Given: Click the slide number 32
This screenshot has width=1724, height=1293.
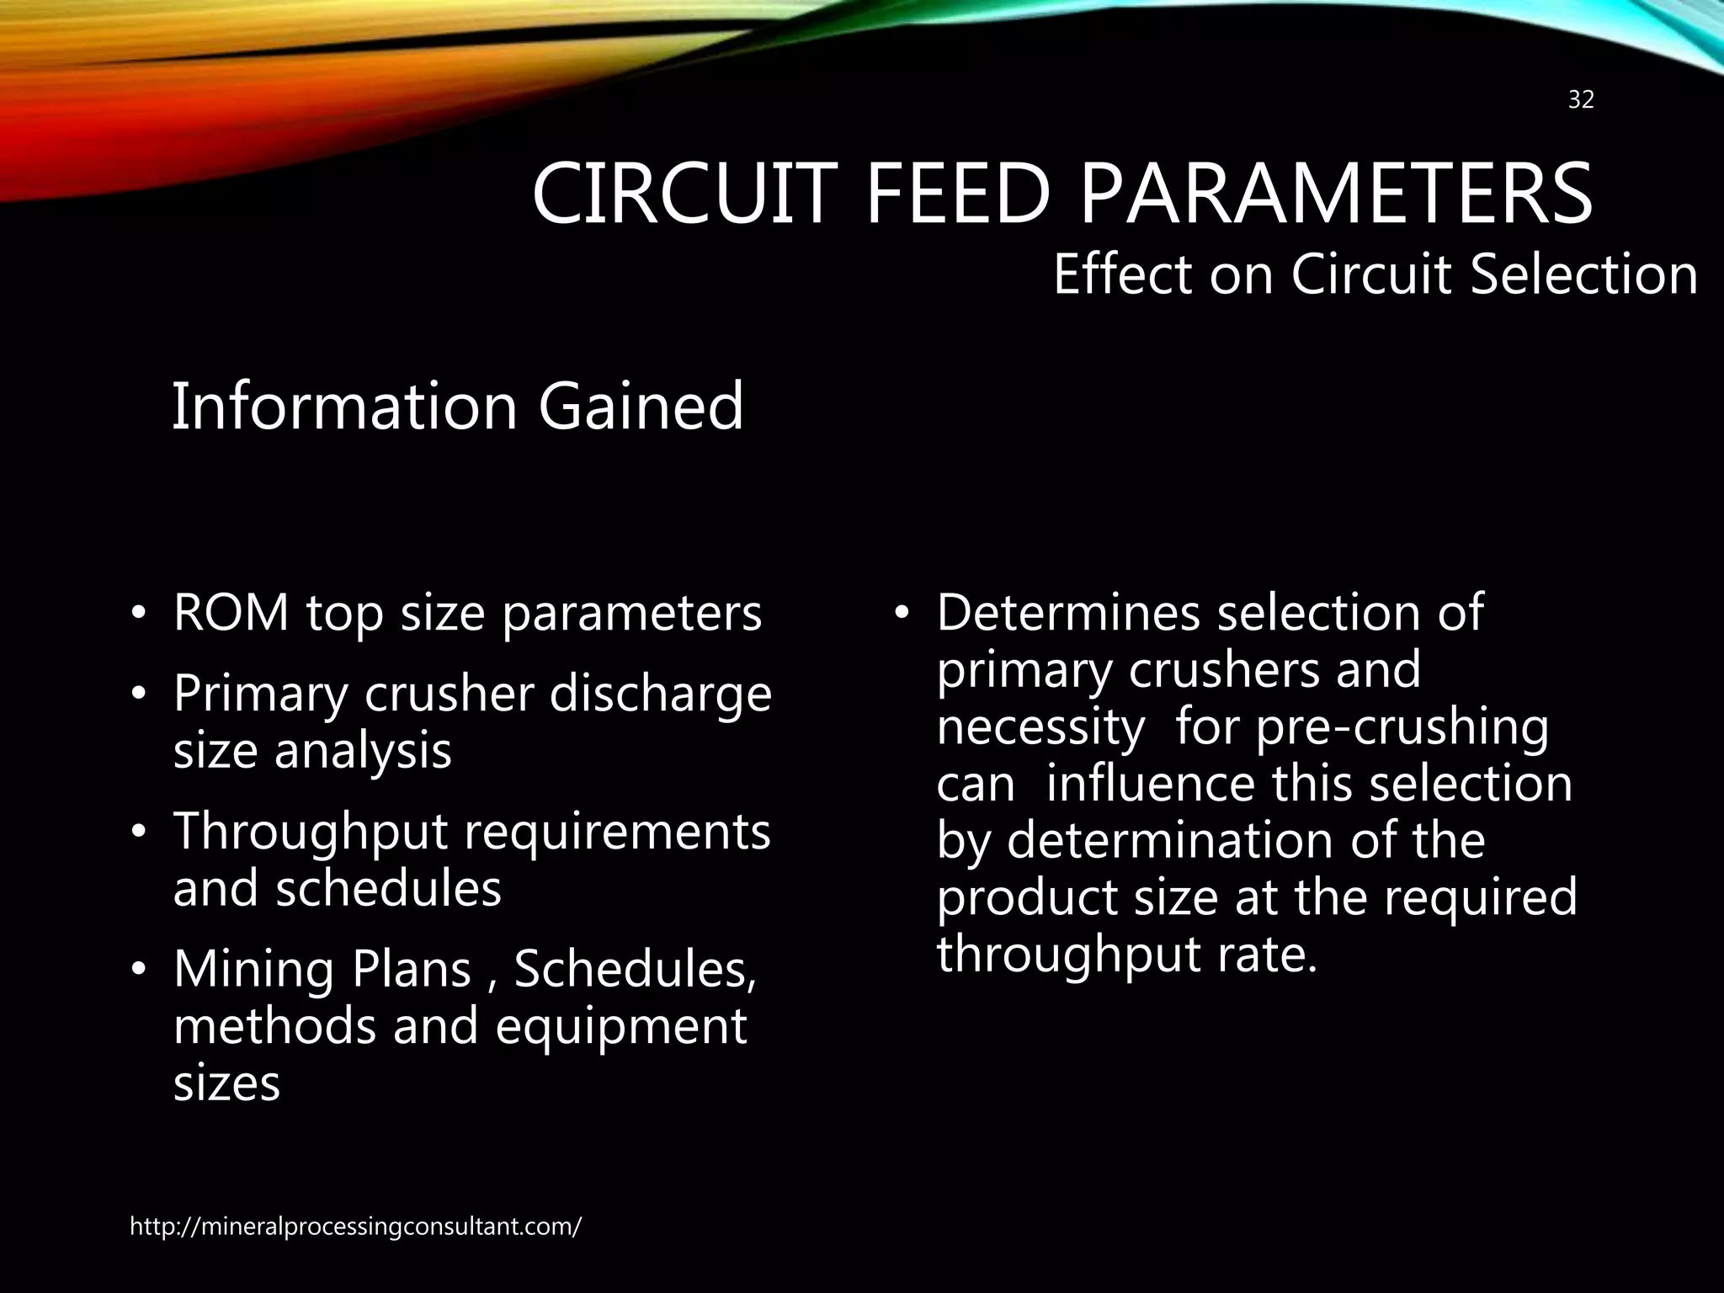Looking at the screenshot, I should pyautogui.click(x=1581, y=100).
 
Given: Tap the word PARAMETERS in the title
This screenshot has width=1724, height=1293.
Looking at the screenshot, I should pyautogui.click(x=1336, y=194).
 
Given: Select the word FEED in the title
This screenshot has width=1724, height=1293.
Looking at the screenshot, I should pyautogui.click(x=958, y=194).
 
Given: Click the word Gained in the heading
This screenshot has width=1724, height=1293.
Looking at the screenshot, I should pyautogui.click(x=641, y=407).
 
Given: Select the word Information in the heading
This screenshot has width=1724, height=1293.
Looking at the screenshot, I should pyautogui.click(x=344, y=407).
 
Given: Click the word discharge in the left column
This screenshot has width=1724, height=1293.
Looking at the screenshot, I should pyautogui.click(x=660, y=695).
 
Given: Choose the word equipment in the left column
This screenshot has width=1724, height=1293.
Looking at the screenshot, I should pyautogui.click(x=620, y=1027).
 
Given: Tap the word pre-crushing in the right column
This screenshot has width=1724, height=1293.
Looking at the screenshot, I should pyautogui.click(x=1402, y=727).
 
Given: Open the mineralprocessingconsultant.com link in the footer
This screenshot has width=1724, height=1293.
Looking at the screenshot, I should pyautogui.click(x=354, y=1226).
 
